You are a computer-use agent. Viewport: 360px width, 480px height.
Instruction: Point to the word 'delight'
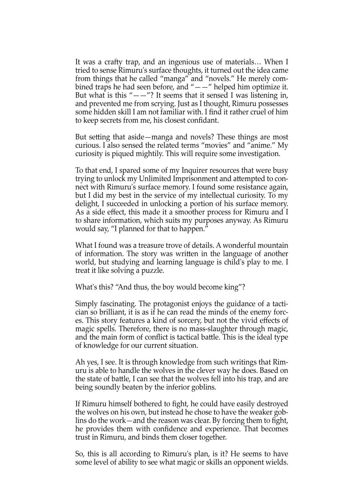[86, 204]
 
